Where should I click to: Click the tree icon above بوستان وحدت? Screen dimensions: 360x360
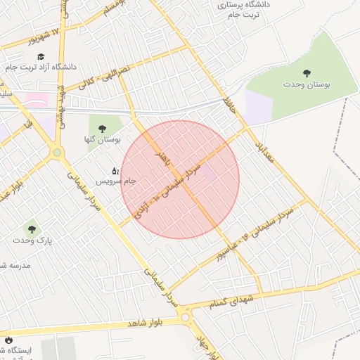click(x=307, y=72)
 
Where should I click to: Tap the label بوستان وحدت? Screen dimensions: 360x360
click(x=307, y=84)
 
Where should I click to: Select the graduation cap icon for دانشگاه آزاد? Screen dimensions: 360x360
click(x=41, y=56)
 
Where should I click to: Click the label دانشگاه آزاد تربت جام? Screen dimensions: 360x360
click(x=41, y=67)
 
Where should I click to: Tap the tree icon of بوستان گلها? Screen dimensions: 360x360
click(x=103, y=129)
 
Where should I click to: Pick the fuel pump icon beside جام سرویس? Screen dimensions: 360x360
click(x=115, y=170)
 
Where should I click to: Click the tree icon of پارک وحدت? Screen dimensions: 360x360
click(x=31, y=229)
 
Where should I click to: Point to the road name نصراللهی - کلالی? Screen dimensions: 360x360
click(x=105, y=77)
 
